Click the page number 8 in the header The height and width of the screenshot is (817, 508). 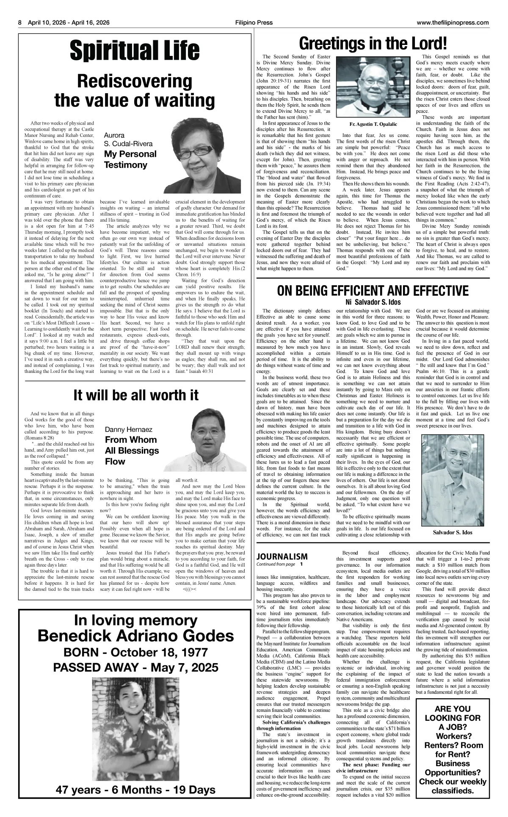[x=19, y=23]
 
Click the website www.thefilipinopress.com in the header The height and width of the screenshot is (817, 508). [x=453, y=23]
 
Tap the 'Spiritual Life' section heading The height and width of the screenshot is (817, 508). [x=135, y=51]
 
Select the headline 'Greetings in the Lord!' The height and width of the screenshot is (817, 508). [x=373, y=44]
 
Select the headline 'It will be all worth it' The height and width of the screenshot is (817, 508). [x=135, y=395]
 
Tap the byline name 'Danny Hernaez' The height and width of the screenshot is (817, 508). [x=128, y=429]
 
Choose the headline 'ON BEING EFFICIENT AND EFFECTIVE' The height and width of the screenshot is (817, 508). [x=373, y=291]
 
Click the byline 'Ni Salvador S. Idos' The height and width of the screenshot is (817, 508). [x=373, y=302]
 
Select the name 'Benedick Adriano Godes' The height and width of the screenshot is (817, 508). [x=135, y=636]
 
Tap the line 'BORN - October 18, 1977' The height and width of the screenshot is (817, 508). [x=135, y=652]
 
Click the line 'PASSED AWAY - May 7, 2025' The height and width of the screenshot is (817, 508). [x=135, y=668]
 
